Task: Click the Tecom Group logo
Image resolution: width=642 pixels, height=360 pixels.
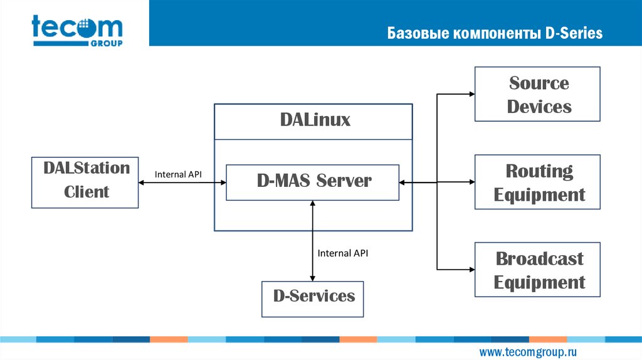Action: tap(77, 30)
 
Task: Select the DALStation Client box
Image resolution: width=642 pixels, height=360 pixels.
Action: tap(85, 182)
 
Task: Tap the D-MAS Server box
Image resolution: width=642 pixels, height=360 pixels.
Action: tap(312, 182)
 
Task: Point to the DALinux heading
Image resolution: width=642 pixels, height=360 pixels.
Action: tap(314, 120)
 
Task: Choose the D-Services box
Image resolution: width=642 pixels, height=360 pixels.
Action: tap(313, 298)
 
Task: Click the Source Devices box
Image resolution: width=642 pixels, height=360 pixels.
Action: tap(537, 94)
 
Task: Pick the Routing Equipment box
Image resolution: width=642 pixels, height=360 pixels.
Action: tap(537, 182)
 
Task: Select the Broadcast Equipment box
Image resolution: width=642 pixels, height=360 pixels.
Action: tap(537, 270)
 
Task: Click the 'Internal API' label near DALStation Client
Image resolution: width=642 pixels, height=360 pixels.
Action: tap(178, 174)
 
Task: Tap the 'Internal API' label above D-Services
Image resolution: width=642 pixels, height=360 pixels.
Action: tap(342, 253)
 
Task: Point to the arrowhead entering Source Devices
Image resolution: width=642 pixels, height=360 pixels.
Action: tap(471, 94)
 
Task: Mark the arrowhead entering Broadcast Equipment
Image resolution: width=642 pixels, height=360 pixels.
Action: tap(471, 270)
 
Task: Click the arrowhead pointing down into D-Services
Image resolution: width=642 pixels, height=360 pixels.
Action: tap(312, 278)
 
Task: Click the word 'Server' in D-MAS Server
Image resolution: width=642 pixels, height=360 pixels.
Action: tap(344, 181)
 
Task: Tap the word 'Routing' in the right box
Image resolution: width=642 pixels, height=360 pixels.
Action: tap(539, 171)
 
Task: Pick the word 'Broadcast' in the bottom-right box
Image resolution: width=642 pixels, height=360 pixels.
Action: tap(539, 258)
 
